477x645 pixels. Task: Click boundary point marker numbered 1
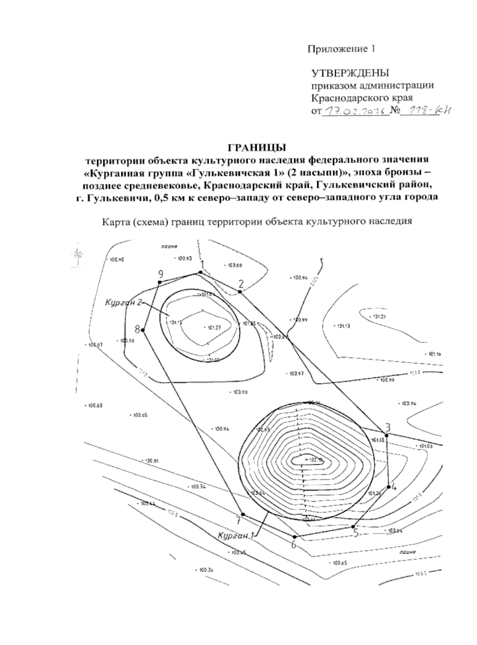201,272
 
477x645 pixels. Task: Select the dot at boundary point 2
240,292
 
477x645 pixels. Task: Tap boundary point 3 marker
386,435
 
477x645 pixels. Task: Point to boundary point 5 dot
353,527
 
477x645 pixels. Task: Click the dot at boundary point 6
295,537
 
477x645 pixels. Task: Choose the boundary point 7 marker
243,514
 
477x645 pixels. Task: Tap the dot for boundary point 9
159,282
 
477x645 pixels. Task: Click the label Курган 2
123,303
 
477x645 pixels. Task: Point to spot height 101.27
213,327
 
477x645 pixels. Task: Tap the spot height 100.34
206,570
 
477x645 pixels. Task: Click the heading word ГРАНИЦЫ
257,148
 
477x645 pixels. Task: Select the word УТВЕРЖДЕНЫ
350,73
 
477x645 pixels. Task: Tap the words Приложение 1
341,49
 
